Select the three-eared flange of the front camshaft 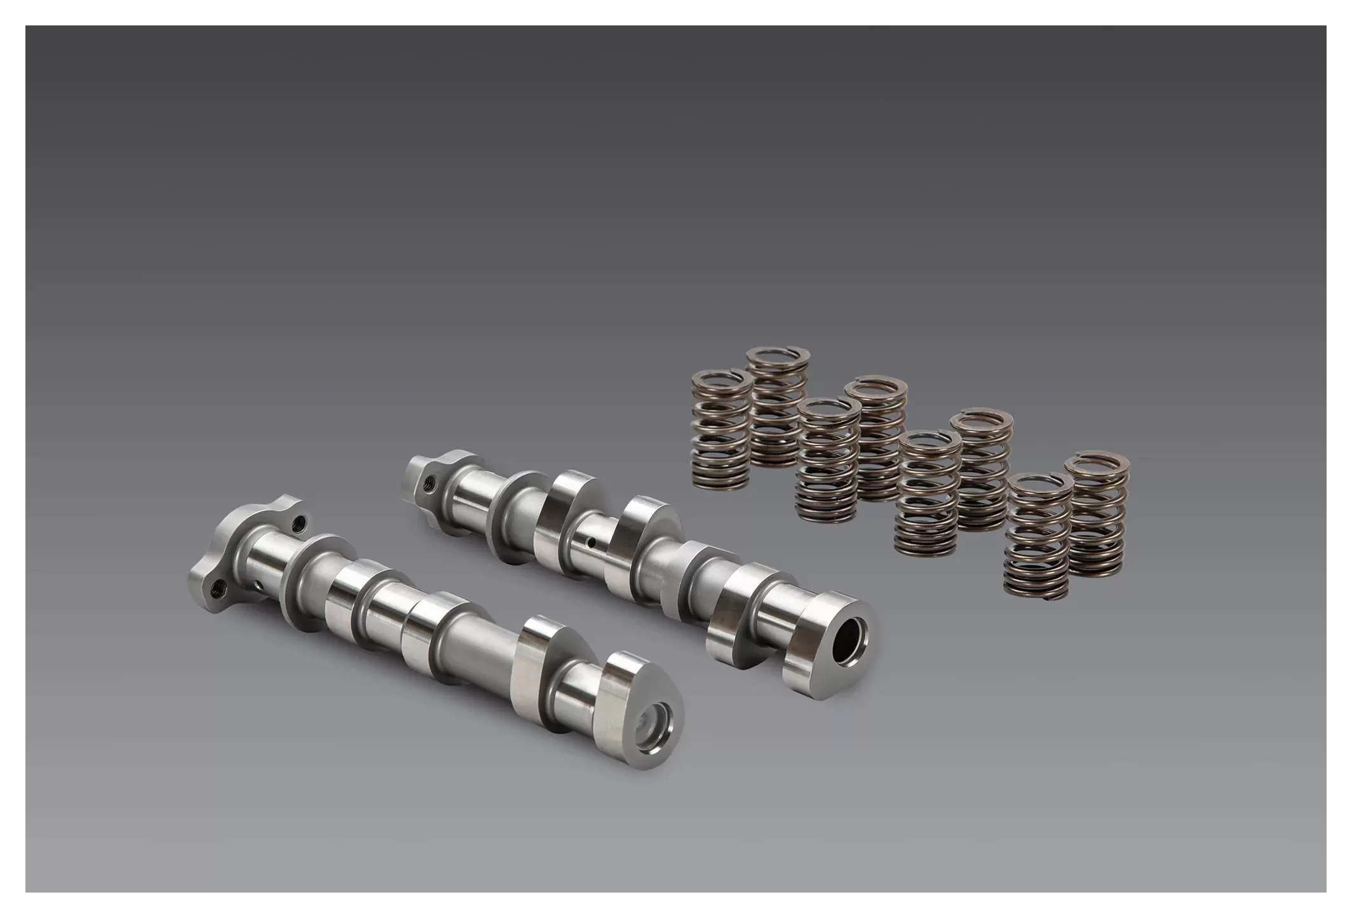pos(241,559)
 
